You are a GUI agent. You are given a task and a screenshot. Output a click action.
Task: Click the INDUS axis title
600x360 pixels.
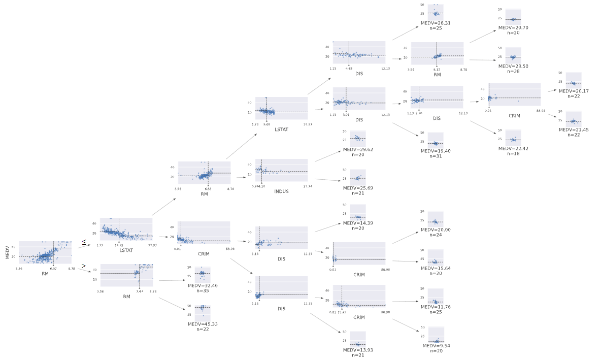[x=281, y=192]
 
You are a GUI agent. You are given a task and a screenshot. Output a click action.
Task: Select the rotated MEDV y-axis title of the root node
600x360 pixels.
[x=7, y=252]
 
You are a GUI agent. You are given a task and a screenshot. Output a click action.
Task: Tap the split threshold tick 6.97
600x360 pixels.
[x=53, y=268]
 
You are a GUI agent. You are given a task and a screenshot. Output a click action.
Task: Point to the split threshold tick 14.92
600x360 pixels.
[x=119, y=245]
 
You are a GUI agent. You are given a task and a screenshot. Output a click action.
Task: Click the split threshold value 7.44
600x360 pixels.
[x=139, y=291]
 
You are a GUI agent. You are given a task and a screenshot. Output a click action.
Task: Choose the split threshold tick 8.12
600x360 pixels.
[x=436, y=70]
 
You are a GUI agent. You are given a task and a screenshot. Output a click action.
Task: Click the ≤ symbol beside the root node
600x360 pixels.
[x=84, y=244]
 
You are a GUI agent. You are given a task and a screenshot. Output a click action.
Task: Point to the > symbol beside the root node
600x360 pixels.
[x=83, y=266]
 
